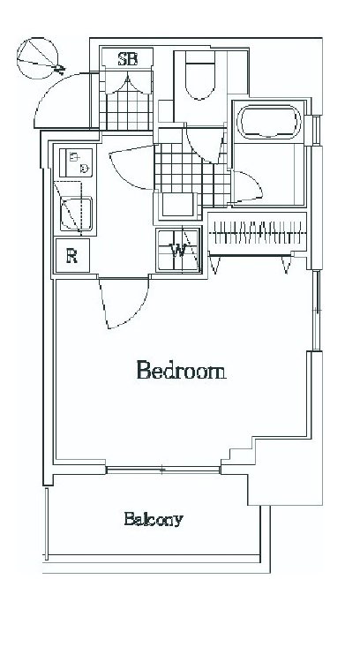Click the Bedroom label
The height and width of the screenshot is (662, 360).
coord(181,370)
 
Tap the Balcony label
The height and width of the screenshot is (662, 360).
coord(154,518)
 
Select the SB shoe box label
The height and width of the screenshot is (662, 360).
coord(127,58)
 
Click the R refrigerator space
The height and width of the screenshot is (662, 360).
coord(72,255)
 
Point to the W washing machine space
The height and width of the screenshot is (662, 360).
coord(178,250)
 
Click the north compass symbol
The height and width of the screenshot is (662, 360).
coord(38,58)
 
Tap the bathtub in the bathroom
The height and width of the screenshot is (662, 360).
coord(269,122)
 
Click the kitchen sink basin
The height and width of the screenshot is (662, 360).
coord(76,214)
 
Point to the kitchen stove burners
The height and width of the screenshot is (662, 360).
coord(76,162)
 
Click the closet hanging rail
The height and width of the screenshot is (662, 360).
coord(258,233)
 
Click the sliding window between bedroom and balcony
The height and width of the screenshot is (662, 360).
coord(163,469)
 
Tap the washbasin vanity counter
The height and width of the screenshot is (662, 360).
coord(176,206)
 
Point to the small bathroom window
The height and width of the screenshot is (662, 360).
coord(316,131)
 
